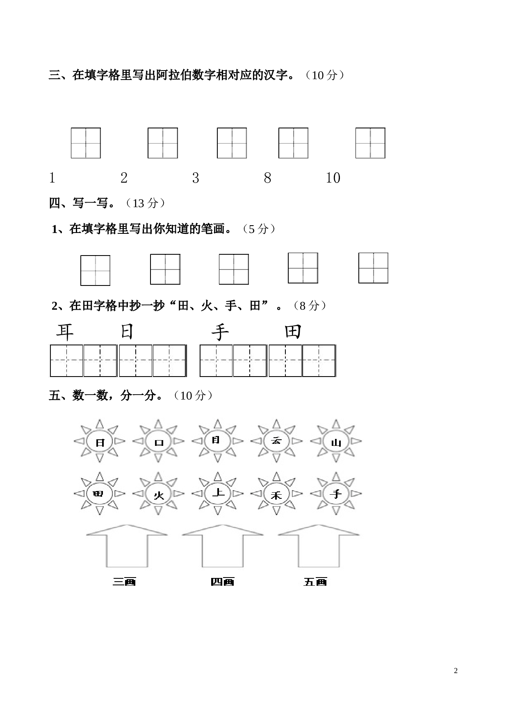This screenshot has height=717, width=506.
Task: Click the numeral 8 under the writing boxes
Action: click(x=267, y=178)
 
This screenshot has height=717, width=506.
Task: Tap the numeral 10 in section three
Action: click(x=333, y=178)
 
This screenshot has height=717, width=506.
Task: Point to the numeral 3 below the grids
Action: click(x=196, y=178)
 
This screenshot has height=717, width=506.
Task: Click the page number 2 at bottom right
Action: click(x=456, y=671)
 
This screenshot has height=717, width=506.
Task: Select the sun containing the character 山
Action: click(x=336, y=441)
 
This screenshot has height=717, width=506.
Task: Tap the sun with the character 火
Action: click(x=158, y=493)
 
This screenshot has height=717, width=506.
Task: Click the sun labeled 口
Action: click(x=158, y=441)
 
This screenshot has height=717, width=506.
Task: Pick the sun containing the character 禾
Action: click(x=276, y=493)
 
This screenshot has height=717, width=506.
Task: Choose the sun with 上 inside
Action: click(x=218, y=493)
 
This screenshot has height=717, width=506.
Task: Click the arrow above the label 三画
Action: click(x=127, y=546)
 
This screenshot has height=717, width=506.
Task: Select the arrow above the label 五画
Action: click(x=319, y=546)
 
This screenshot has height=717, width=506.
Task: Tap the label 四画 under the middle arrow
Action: click(x=222, y=582)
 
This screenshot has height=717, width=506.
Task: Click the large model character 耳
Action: click(x=65, y=332)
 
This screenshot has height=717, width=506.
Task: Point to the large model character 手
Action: click(x=220, y=332)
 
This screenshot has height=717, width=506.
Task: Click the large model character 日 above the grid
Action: click(x=127, y=331)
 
